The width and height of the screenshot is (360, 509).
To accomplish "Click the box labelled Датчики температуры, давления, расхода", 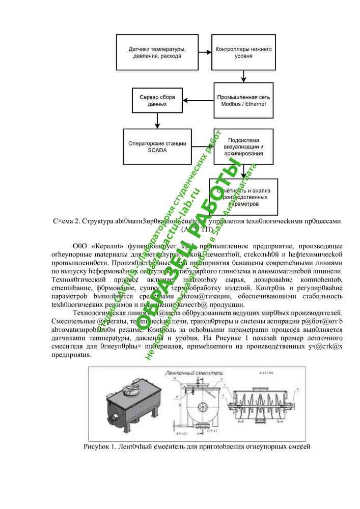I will coord(156,52).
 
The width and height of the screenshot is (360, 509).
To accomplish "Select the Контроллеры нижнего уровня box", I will coord(243,52).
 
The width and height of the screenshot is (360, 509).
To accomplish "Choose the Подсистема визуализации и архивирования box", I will coord(245,146).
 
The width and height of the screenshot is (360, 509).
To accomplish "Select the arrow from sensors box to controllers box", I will coord(205,52).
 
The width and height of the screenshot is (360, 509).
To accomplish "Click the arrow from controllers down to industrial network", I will coord(243,76).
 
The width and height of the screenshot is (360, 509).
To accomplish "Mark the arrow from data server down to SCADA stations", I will coord(157,121).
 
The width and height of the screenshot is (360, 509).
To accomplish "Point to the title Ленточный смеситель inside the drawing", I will coord(193,373).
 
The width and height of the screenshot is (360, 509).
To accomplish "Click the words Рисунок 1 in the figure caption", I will coord(100,447).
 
